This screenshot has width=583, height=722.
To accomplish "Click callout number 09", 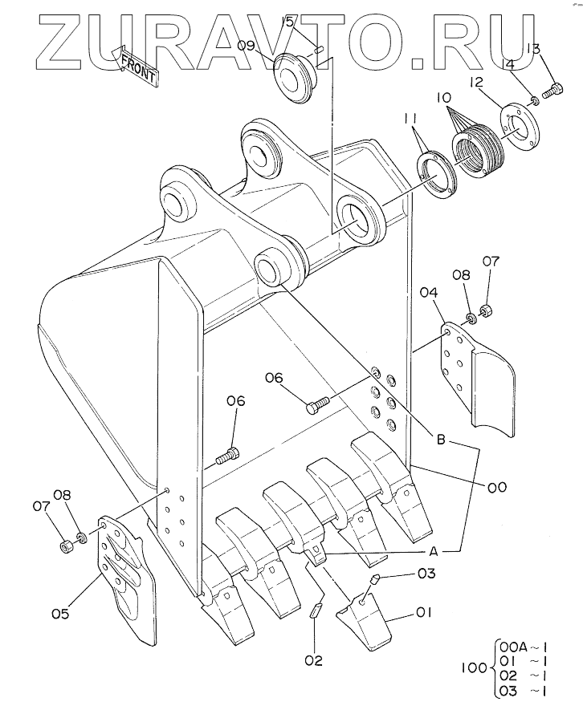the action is (x=246, y=45).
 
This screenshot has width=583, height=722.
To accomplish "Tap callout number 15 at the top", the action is (x=287, y=21).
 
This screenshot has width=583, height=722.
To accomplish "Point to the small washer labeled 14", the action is (x=535, y=100).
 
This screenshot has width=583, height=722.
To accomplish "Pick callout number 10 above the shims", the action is (x=444, y=98).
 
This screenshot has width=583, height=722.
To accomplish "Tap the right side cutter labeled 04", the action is (x=478, y=379).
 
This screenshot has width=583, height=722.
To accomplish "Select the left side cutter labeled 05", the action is (x=126, y=581).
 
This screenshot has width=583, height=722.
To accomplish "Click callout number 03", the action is (x=426, y=574).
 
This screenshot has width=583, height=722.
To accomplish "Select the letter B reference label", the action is (x=441, y=440).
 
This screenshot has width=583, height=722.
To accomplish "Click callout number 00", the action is (x=497, y=487).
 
